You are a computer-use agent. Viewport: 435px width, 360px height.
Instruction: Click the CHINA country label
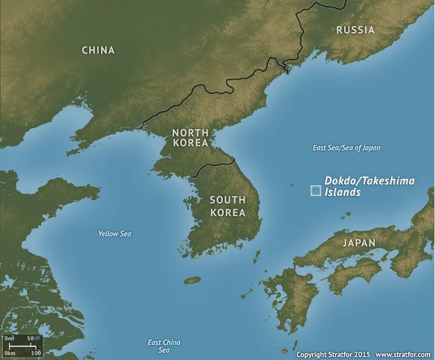pos(98,50)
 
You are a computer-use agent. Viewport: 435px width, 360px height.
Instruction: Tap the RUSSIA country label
pos(355,30)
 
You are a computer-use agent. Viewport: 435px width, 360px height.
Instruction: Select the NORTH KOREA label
pos(190,138)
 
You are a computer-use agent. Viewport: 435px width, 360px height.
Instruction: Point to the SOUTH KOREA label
pos(228,206)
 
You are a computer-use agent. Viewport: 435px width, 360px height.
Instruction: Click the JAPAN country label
pos(359,243)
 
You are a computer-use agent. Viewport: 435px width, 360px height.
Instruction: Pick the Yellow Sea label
pos(115,234)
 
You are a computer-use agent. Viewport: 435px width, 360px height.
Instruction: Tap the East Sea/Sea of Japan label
pos(346,148)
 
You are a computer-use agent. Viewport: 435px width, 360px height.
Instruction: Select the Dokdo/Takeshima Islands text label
pos(368,187)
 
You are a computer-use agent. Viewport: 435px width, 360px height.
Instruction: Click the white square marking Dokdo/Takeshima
pos(316,191)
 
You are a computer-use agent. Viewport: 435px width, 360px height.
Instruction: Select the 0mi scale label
pos(9,339)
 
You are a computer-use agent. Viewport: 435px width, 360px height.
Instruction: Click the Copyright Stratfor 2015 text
pos(333,354)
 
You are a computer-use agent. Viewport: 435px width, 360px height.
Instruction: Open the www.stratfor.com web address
pos(403,354)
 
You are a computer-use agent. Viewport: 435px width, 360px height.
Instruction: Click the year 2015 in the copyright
pos(362,354)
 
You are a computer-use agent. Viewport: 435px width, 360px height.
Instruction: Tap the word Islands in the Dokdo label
pos(342,192)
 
